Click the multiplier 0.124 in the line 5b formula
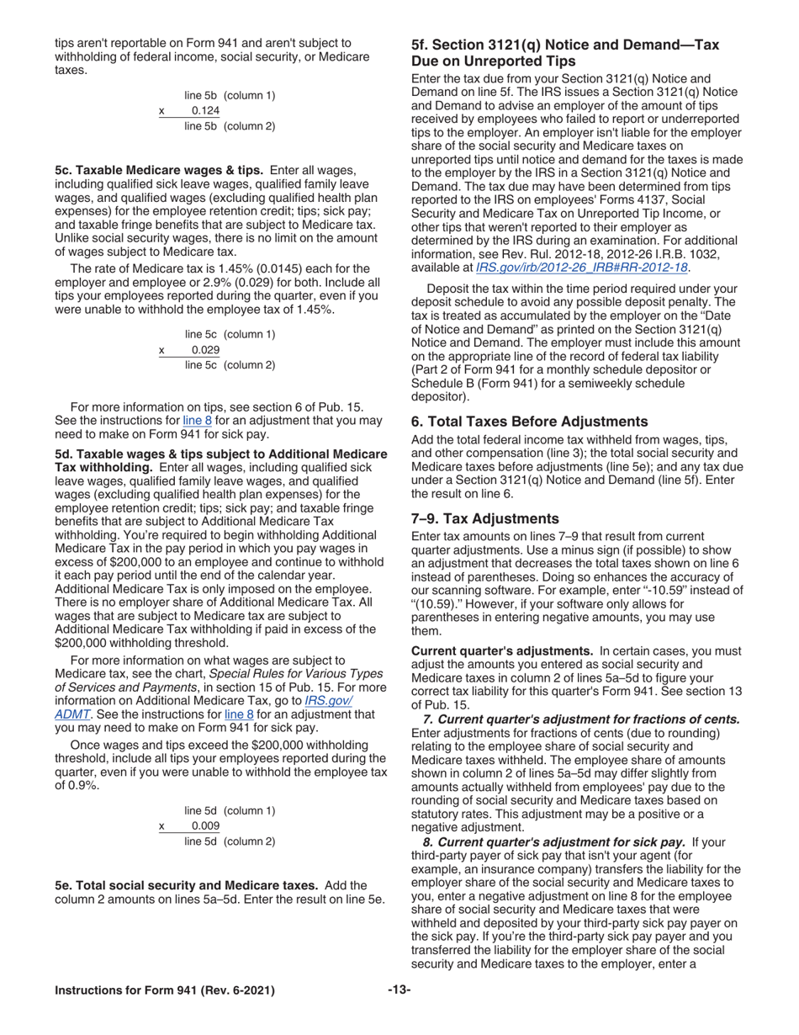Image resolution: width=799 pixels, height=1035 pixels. (x=205, y=111)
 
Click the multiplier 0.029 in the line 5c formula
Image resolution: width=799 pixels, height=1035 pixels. (x=205, y=350)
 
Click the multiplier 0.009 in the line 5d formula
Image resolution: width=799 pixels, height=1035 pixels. (x=205, y=826)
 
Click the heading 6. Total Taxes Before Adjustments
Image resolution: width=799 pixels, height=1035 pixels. (x=529, y=422)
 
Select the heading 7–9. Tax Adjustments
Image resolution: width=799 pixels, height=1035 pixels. (x=484, y=518)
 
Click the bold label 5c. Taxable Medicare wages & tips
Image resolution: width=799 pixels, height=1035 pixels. (x=159, y=170)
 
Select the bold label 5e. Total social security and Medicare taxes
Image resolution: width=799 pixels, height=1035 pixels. (x=186, y=885)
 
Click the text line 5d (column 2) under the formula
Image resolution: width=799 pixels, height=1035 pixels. (x=230, y=841)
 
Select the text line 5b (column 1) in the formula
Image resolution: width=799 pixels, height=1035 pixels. (x=230, y=96)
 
